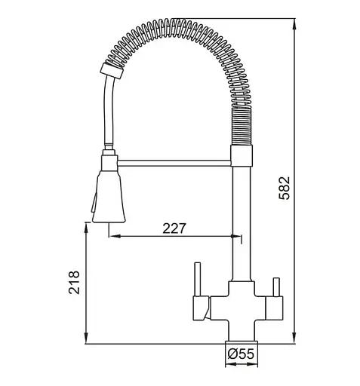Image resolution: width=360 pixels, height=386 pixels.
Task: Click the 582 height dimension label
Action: (x=285, y=188)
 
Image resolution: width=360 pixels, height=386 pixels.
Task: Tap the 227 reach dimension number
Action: (x=174, y=228)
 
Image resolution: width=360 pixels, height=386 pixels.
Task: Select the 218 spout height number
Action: (x=74, y=282)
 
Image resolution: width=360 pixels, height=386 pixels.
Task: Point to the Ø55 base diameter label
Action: (x=241, y=354)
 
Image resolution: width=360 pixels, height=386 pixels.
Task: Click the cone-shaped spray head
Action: (x=109, y=197)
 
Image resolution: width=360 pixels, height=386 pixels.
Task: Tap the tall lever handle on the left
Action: (x=198, y=280)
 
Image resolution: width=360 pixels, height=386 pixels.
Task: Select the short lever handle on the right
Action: (x=276, y=287)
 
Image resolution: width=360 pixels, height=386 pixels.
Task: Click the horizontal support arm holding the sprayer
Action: (x=174, y=163)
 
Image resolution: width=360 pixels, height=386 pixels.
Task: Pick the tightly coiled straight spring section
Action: (x=242, y=127)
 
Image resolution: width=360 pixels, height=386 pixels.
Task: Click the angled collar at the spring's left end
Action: (x=112, y=71)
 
